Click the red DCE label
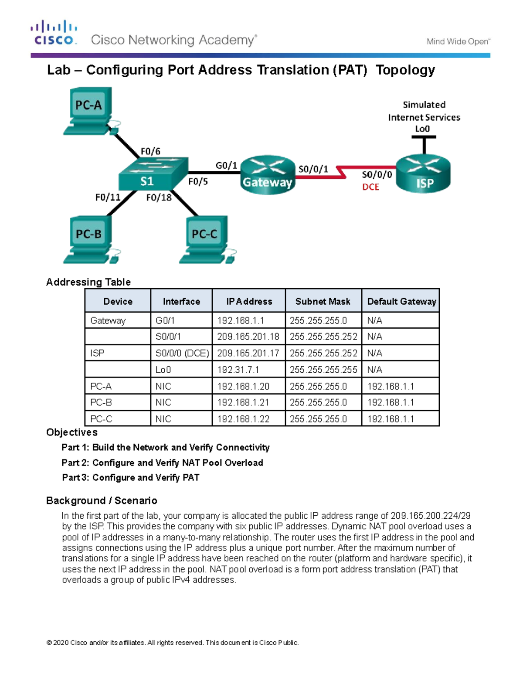(x=370, y=187)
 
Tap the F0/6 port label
(x=150, y=151)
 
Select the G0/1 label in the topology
(x=226, y=165)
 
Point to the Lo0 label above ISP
(x=422, y=129)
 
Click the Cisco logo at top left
(x=54, y=33)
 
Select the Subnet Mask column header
(x=323, y=301)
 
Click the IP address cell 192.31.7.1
(x=238, y=370)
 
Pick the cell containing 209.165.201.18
(x=248, y=337)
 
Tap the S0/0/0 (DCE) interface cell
(x=182, y=353)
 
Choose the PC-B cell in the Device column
(x=101, y=402)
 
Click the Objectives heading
(x=72, y=432)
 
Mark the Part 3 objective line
(x=131, y=477)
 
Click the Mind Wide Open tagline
(x=458, y=41)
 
